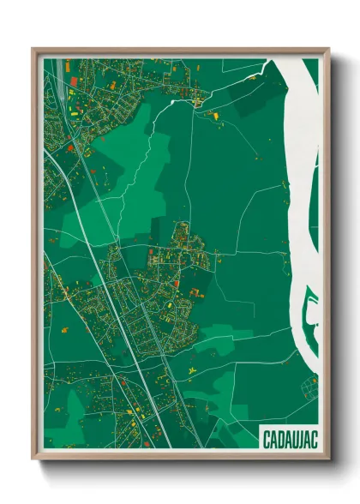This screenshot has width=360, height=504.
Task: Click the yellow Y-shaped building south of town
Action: (x=190, y=369)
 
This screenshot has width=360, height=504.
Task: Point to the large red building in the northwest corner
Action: (x=72, y=81)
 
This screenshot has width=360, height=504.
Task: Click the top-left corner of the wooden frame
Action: (x=33, y=50)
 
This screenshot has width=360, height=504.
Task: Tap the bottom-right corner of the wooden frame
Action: (x=328, y=459)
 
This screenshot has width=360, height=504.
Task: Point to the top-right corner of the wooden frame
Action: (x=328, y=50)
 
